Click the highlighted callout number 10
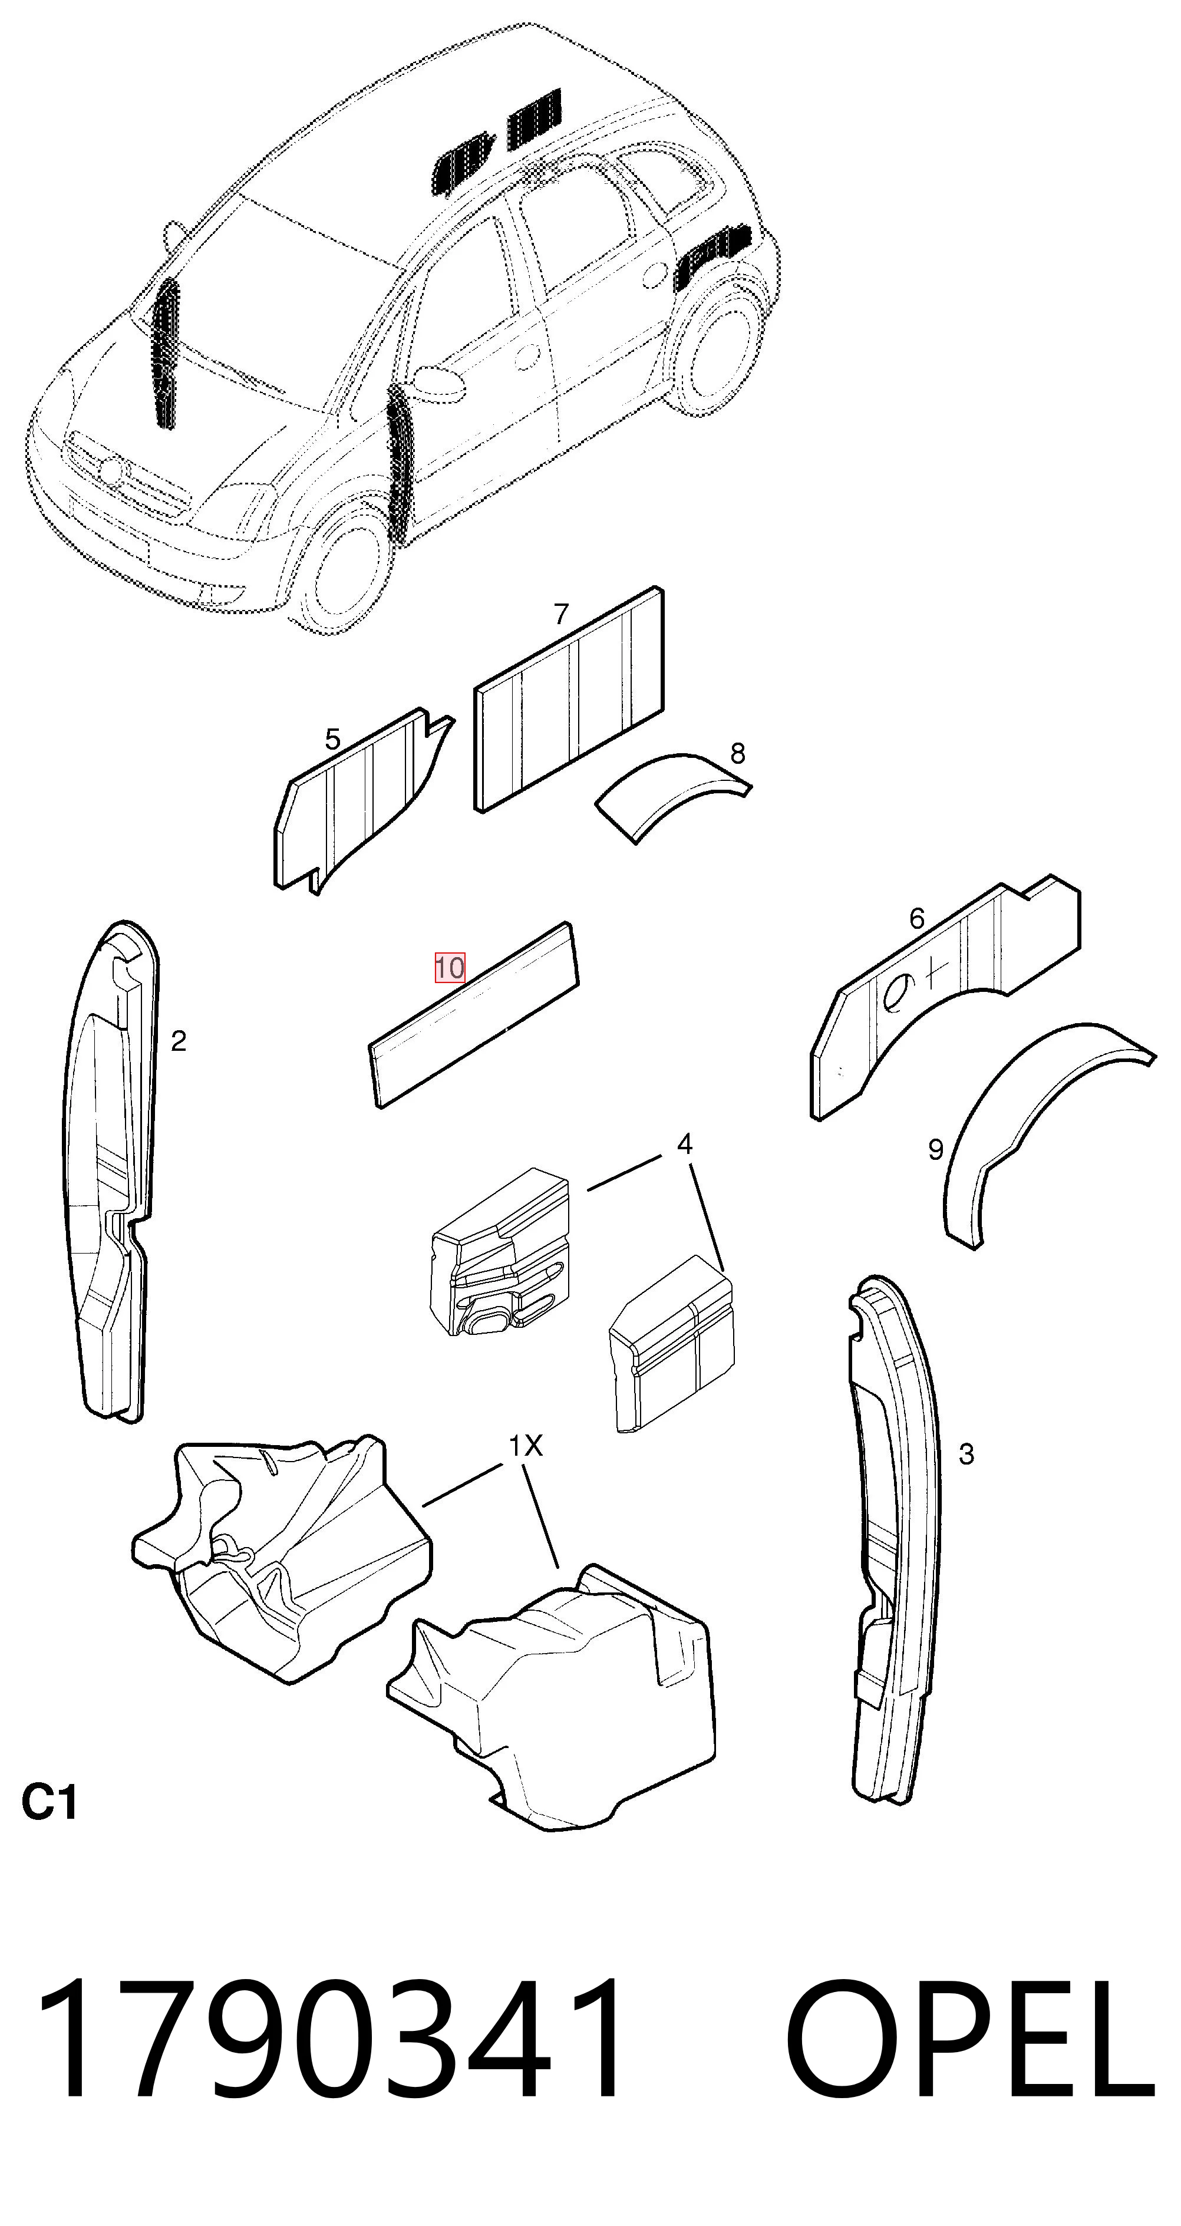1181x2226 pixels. (449, 967)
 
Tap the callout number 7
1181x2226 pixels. (562, 614)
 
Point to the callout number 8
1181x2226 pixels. (737, 754)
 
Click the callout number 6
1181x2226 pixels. (916, 919)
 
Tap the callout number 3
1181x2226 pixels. (966, 1455)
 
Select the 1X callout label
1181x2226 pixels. (525, 1446)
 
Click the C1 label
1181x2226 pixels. (50, 1804)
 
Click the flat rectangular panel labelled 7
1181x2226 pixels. (570, 700)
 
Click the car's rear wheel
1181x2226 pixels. (721, 354)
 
